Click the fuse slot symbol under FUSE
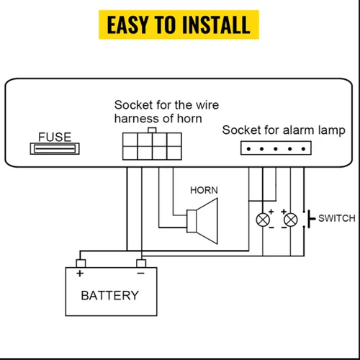(53, 148)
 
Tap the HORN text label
(204, 191)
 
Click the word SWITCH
(336, 218)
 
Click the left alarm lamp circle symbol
(264, 219)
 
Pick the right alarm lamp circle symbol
(291, 219)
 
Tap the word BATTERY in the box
(109, 295)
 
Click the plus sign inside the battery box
(80, 274)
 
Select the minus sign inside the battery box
(141, 274)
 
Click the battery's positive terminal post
(81, 264)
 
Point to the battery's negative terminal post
(142, 264)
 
